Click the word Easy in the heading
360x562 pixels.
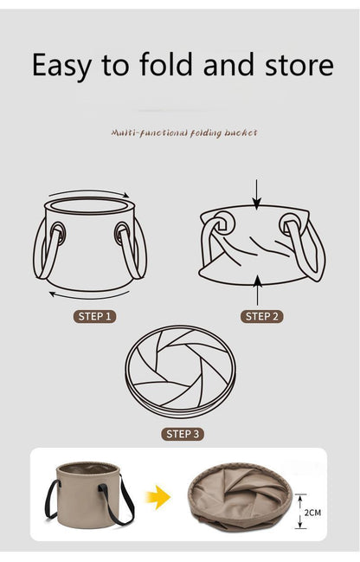(61, 65)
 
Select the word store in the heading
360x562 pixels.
(299, 65)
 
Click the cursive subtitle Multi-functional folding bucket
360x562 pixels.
(184, 133)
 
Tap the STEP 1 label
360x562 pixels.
(94, 316)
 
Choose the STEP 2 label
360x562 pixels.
(262, 316)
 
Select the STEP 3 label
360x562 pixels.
(183, 434)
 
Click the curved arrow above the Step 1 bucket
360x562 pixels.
(89, 191)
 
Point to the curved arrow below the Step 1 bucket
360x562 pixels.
(89, 296)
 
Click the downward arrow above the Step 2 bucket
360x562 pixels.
(256, 195)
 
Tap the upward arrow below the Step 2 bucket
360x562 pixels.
(257, 291)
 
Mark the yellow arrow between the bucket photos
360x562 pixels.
(158, 497)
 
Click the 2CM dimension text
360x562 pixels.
(312, 513)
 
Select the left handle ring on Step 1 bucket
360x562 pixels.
(58, 233)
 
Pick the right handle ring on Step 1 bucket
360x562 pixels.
(122, 233)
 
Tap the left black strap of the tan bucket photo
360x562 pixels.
(52, 499)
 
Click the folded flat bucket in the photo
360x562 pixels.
(240, 496)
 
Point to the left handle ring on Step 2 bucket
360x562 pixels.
(224, 223)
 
